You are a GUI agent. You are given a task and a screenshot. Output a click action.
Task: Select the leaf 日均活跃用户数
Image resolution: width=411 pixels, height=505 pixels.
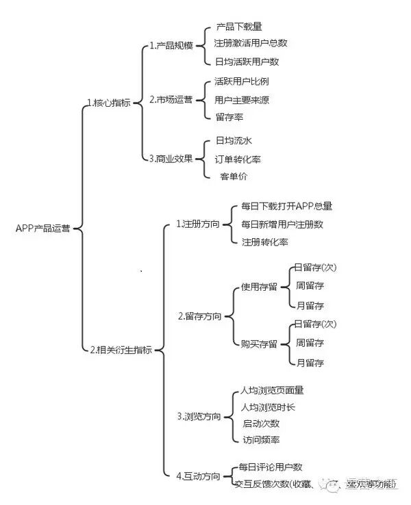[x=247, y=62]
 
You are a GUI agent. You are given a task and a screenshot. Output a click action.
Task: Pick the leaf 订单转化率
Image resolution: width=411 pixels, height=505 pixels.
[x=237, y=159]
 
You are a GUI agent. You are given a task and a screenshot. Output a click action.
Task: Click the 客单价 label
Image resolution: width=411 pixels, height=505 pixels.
[x=234, y=176]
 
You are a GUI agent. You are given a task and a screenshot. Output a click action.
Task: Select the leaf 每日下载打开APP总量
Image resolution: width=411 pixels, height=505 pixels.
[x=286, y=206]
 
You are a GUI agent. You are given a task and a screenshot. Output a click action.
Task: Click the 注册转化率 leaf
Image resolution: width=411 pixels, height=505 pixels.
[x=264, y=242]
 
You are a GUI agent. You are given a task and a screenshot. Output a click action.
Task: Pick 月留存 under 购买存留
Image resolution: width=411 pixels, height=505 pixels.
[x=310, y=362]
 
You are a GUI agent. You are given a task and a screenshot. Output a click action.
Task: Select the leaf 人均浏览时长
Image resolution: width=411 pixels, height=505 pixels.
[x=269, y=407]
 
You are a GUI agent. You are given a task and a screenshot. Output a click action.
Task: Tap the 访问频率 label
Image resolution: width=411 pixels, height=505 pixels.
[x=261, y=440]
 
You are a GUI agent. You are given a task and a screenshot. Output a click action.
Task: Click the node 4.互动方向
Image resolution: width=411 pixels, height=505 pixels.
[x=198, y=476]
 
